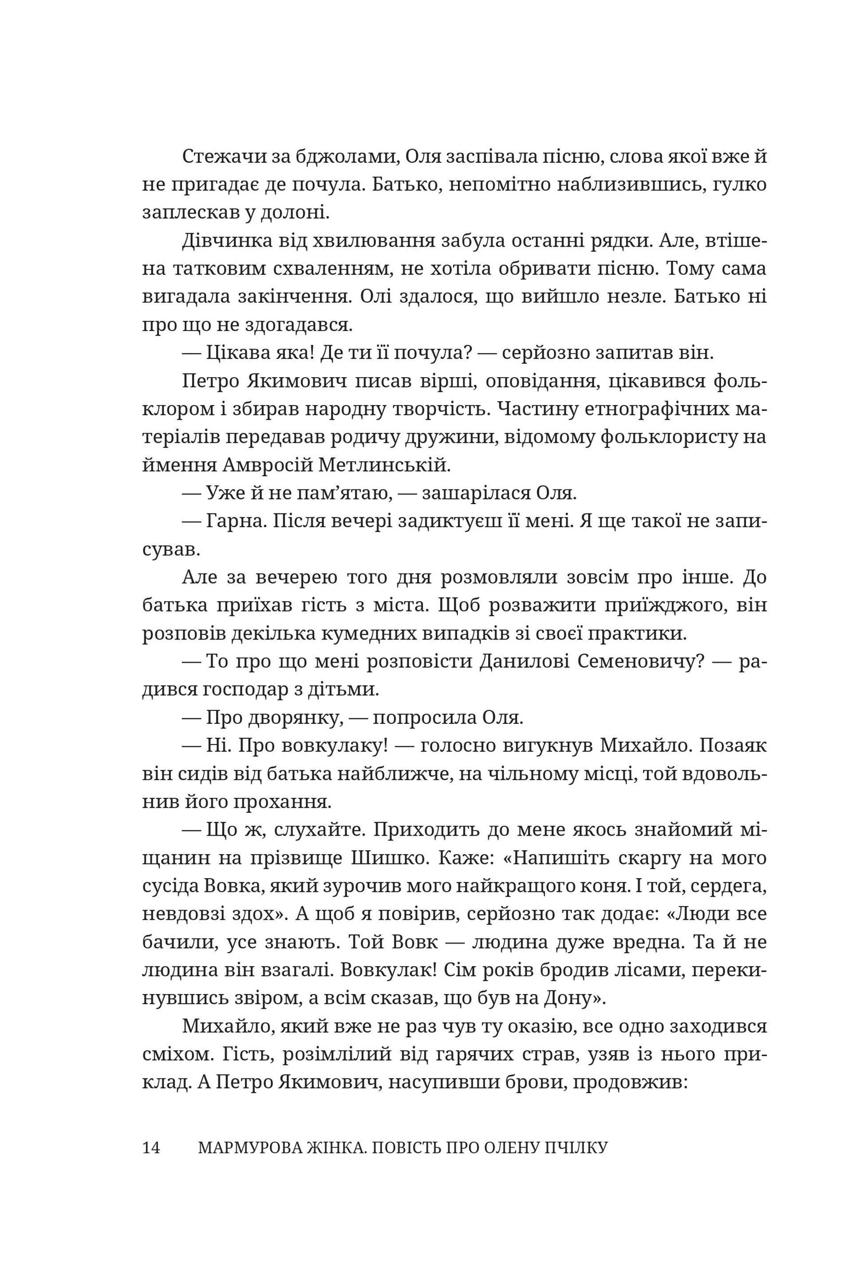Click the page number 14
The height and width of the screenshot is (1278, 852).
point(151,1148)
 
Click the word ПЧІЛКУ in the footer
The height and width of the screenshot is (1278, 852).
point(579,1148)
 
